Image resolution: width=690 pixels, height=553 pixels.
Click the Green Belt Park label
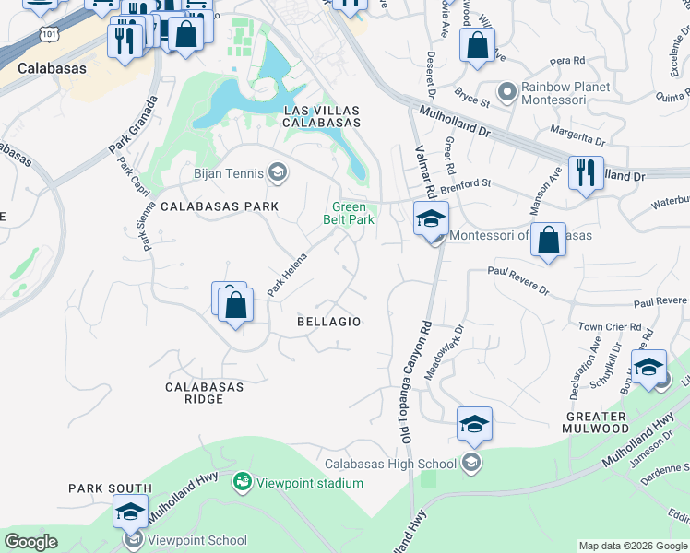coord(349,214)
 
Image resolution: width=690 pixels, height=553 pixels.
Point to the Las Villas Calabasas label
coord(320,115)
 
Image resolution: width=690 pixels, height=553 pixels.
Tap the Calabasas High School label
coord(390,464)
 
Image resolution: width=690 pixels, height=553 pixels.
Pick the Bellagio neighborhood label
coord(328,322)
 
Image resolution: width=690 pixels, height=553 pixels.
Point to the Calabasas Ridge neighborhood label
coord(204,394)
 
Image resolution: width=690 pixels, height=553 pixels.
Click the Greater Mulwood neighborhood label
coord(596,423)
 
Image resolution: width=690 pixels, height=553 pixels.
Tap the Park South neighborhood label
coord(110,488)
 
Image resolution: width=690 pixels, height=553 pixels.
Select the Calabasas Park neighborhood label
coord(219,207)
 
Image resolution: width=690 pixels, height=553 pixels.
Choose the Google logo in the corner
coord(31,542)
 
